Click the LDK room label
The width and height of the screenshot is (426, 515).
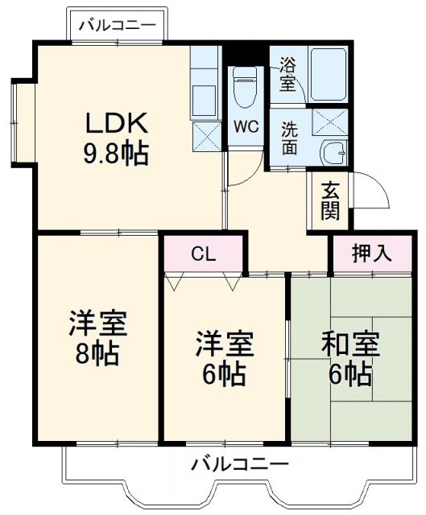[x=117, y=124]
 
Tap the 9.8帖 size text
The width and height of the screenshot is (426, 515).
[x=117, y=153]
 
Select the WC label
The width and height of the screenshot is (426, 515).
[x=245, y=126]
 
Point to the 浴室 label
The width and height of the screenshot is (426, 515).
[x=287, y=74]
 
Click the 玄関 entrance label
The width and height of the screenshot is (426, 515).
[x=331, y=201]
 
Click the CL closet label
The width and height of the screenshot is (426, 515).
[x=202, y=254]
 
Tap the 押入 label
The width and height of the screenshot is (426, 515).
[x=371, y=253]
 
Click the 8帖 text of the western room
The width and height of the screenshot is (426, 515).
[x=97, y=352]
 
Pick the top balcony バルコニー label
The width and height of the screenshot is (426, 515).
[x=118, y=26]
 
